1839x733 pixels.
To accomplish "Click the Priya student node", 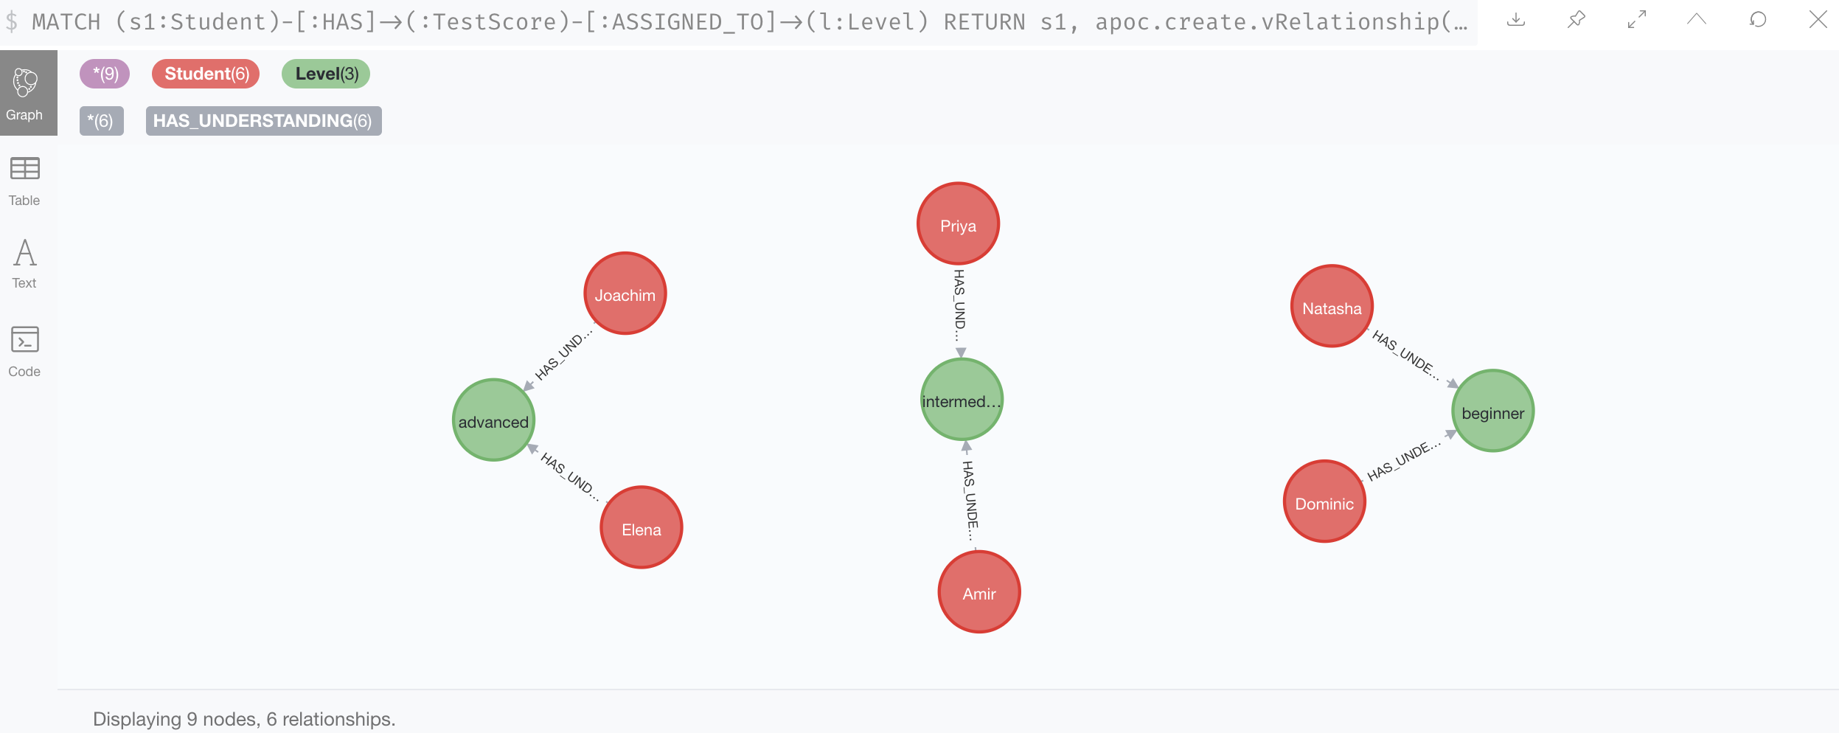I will (958, 224).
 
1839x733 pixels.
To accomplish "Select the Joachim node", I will (625, 293).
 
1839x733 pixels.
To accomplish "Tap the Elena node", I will (641, 527).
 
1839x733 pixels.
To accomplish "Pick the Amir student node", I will (978, 591).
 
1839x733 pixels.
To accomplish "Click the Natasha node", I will (1331, 306).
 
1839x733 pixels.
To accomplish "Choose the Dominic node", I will (1324, 501).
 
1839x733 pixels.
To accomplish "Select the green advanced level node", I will (493, 420).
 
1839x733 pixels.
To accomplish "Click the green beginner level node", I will (1492, 411).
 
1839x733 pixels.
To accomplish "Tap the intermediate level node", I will (962, 400).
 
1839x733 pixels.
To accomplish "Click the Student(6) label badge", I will (206, 74).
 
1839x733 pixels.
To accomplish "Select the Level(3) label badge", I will (326, 74).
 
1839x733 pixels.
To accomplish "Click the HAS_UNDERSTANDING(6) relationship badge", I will (263, 121).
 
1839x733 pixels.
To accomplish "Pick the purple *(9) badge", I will (105, 74).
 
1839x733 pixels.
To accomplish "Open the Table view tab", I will (24, 181).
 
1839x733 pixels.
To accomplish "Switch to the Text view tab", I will (24, 264).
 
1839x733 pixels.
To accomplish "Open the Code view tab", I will (24, 351).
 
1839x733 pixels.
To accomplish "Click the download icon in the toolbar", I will (1516, 20).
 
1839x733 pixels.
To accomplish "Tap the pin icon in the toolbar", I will (1576, 20).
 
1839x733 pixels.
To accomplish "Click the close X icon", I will (1818, 20).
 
